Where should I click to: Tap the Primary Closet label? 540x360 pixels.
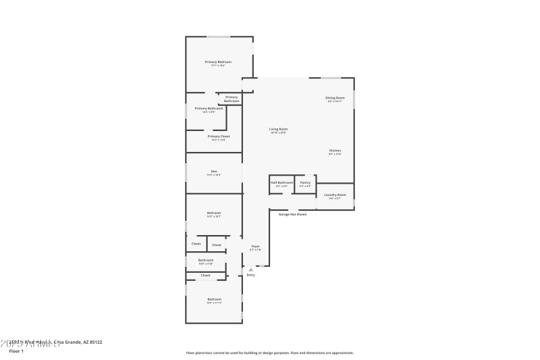point(219,136)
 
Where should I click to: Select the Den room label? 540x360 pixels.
point(214,171)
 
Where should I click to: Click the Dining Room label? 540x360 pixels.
point(335,98)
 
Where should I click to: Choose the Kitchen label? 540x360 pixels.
point(335,151)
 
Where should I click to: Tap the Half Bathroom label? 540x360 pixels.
point(282,182)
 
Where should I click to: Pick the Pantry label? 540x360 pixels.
point(305,182)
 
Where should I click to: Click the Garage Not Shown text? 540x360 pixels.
point(293,214)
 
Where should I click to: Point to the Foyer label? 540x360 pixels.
point(256,246)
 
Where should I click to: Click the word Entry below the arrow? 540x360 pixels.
point(251,275)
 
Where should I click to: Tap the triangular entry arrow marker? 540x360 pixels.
point(251,269)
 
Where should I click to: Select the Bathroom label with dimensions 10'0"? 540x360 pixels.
point(206,260)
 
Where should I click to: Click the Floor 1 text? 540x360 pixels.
point(16,351)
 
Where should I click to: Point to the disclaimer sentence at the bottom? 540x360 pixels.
point(269,353)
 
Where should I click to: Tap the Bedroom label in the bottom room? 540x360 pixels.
point(214,299)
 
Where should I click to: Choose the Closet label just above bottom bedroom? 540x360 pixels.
point(205,275)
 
